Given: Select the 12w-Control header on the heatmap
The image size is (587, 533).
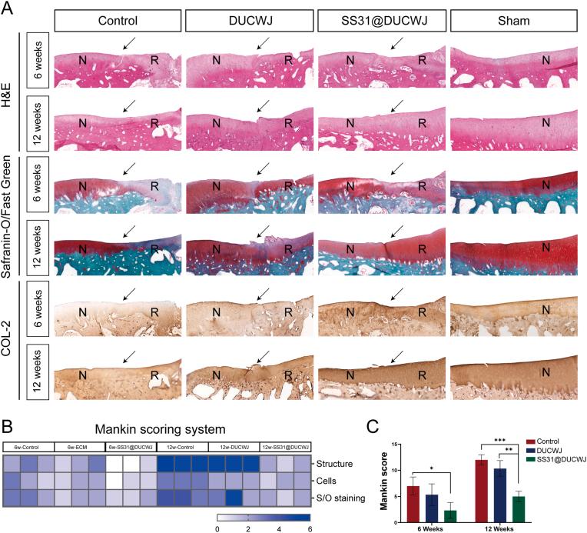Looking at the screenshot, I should point(182,446).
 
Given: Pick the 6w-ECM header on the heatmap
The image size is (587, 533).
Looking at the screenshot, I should point(79,446).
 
